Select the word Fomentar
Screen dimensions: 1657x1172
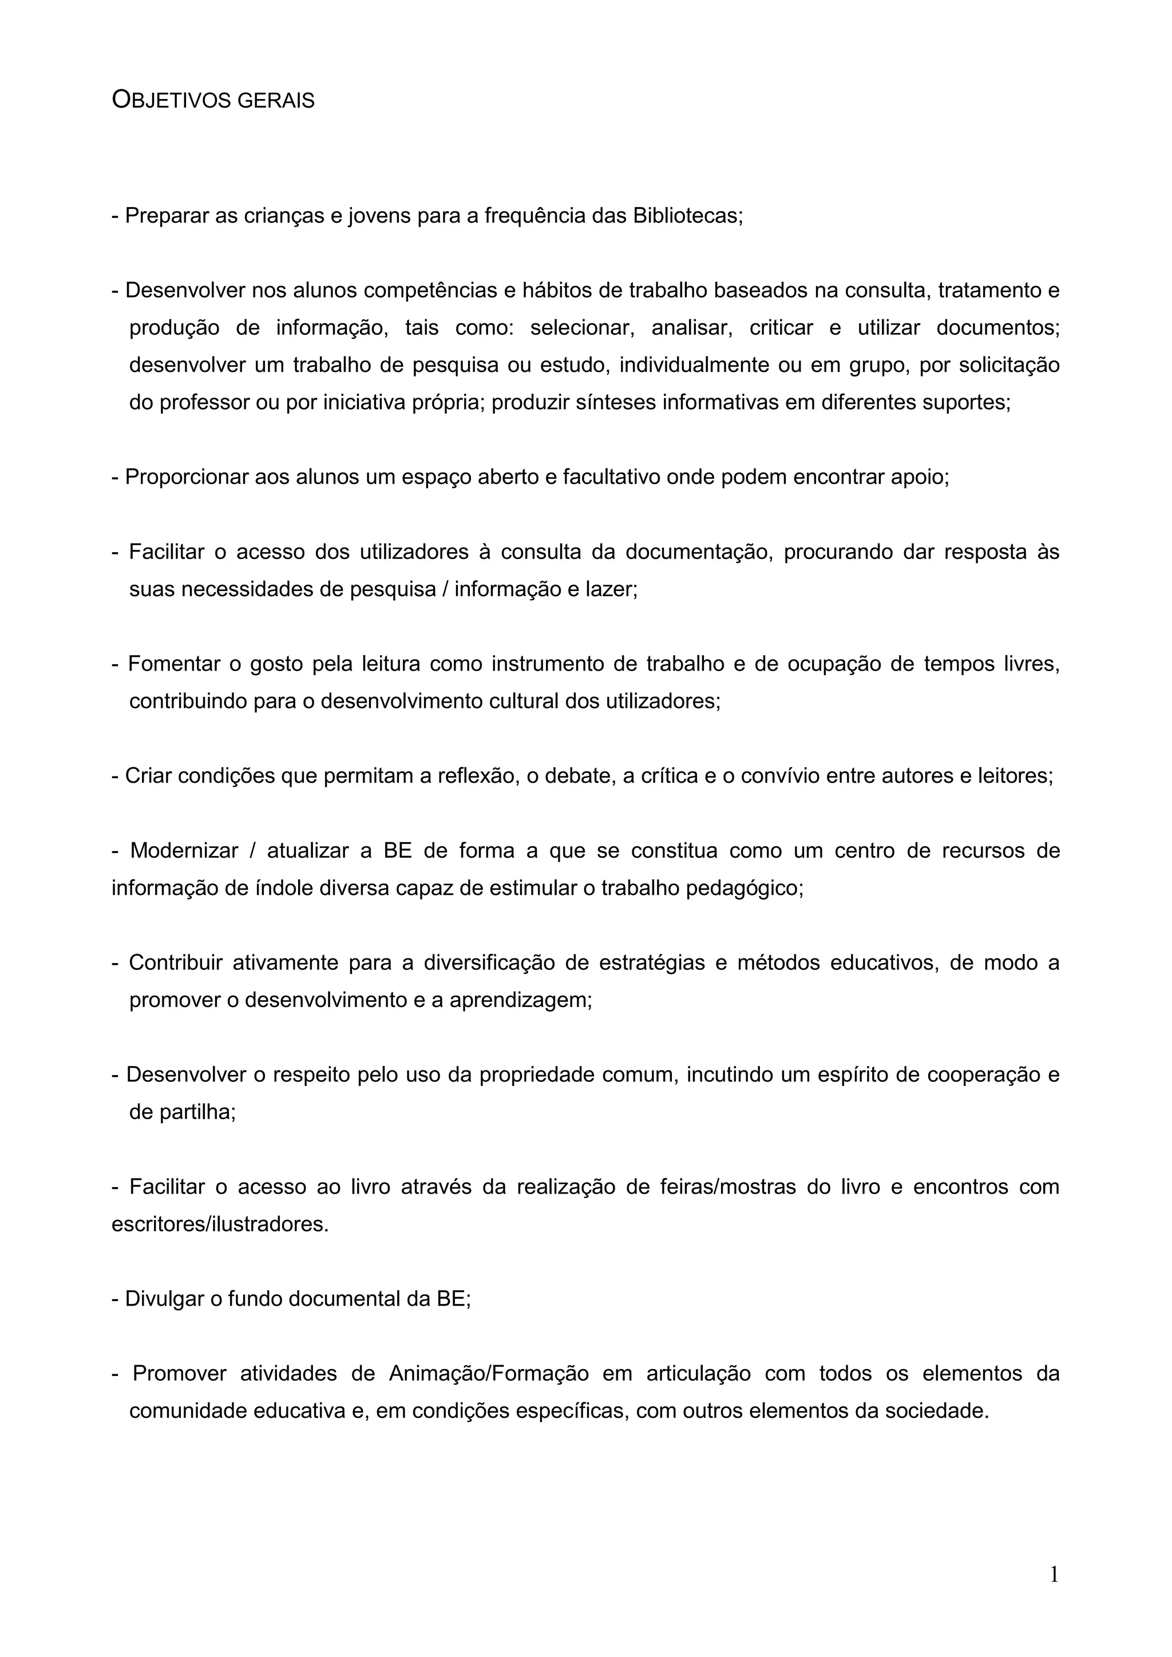pyautogui.click(x=173, y=664)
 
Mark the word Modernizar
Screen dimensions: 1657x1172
pyautogui.click(x=183, y=851)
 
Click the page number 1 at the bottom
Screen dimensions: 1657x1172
pyautogui.click(x=1054, y=1574)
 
